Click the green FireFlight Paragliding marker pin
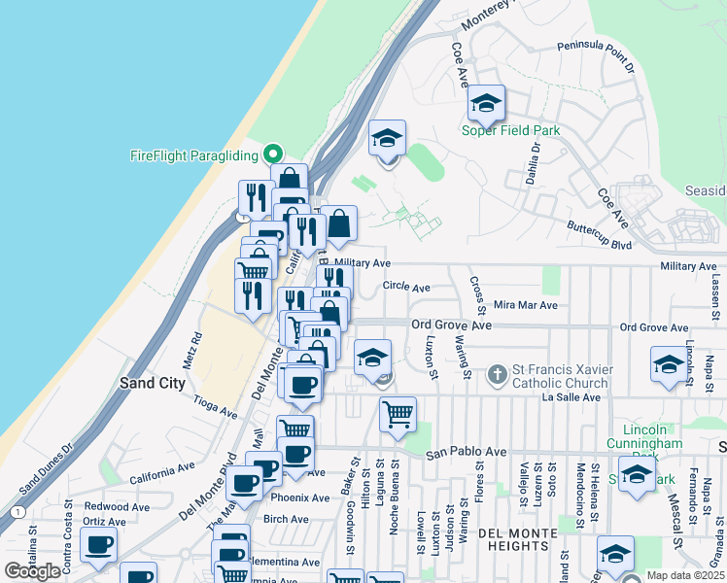[273, 154]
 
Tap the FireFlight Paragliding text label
[194, 155]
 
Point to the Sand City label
[152, 383]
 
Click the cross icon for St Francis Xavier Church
[497, 374]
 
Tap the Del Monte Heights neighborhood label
[517, 535]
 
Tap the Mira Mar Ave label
[525, 304]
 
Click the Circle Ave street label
[405, 287]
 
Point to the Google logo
[32, 571]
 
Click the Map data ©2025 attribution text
[685, 575]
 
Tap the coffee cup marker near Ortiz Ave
[98, 546]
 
